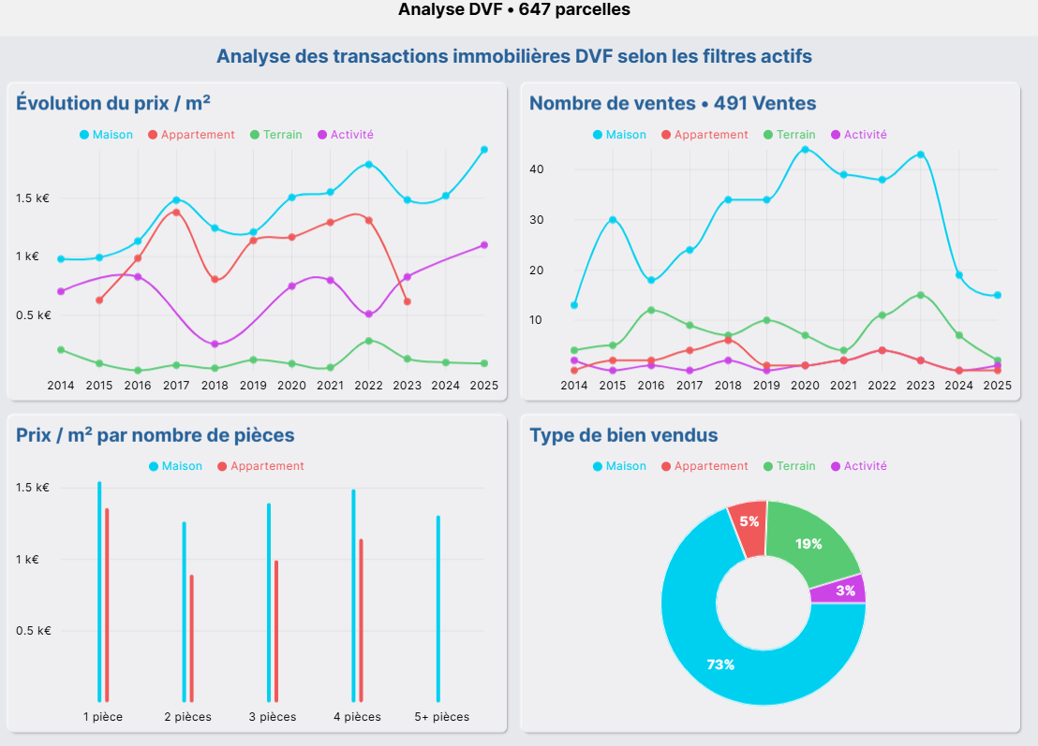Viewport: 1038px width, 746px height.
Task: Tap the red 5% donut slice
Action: tap(749, 521)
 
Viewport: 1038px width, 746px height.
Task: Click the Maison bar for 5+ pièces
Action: tap(437, 608)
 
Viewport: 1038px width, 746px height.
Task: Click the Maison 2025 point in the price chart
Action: tap(484, 149)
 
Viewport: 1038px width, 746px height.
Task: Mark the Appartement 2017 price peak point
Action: tap(176, 212)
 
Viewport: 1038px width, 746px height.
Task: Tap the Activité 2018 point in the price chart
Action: tap(215, 344)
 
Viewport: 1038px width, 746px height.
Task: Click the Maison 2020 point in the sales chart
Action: tap(805, 149)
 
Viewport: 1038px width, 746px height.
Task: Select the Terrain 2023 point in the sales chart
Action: tap(921, 295)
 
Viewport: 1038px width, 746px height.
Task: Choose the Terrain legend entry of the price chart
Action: tap(275, 135)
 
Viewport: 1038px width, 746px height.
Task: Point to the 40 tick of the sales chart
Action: tap(537, 169)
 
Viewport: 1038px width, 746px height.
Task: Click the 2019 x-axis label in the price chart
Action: tap(253, 385)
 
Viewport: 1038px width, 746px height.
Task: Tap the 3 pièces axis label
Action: tap(273, 717)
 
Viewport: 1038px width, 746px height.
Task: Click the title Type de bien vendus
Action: tap(624, 435)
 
